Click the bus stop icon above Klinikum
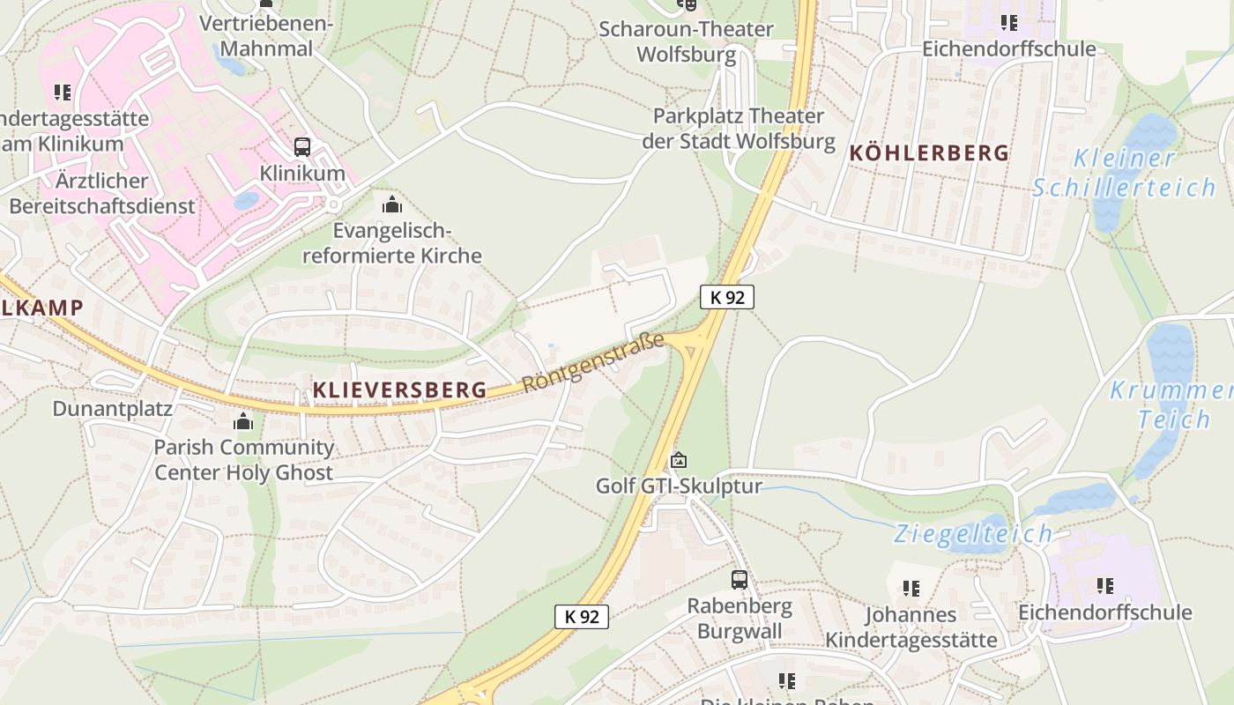tap(302, 146)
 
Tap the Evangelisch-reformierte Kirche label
tap(392, 243)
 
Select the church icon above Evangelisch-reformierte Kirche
tap(392, 204)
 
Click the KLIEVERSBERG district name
tap(399, 390)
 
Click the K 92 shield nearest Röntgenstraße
tap(727, 297)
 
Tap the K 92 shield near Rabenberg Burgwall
tap(582, 616)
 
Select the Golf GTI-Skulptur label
tap(679, 486)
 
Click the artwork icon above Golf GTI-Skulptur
tap(679, 460)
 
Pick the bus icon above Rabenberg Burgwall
tap(740, 579)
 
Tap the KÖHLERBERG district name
tap(929, 152)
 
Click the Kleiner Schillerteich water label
tap(1124, 173)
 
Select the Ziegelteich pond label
tap(973, 533)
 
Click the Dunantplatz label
tap(113, 409)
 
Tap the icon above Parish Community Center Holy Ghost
tap(243, 421)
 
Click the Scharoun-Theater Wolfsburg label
tap(686, 41)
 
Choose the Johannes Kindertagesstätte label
tap(911, 627)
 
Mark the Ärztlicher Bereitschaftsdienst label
tap(101, 194)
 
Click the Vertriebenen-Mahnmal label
tap(266, 35)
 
